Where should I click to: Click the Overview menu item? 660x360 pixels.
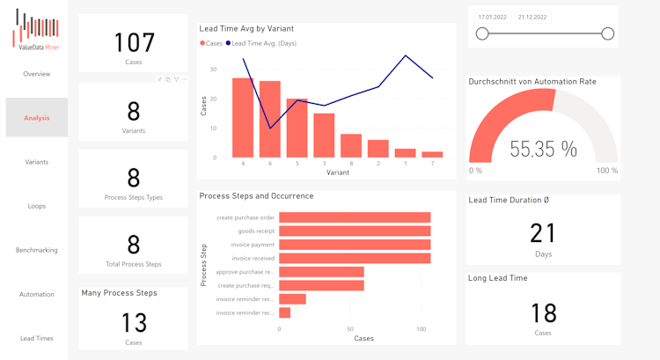[x=36, y=74]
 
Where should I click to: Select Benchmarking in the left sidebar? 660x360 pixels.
[x=36, y=250]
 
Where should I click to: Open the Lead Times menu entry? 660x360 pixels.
[x=36, y=338]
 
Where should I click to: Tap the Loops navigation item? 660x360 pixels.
[x=36, y=206]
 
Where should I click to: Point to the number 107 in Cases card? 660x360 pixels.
[x=134, y=42]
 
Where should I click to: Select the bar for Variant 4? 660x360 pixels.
[x=243, y=117]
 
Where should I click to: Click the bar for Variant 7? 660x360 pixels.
[x=432, y=154]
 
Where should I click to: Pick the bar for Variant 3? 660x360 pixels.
[x=324, y=135]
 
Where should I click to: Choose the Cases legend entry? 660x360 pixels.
[x=211, y=43]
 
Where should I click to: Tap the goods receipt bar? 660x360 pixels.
[x=355, y=231]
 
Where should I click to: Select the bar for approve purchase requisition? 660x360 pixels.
[x=321, y=272]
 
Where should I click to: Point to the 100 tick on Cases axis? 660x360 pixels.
[x=422, y=329]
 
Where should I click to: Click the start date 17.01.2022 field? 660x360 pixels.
[x=492, y=17]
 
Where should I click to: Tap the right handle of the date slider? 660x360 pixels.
[x=607, y=33]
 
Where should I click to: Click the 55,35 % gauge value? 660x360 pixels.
[x=543, y=150]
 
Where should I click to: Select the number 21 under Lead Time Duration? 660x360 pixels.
[x=543, y=232]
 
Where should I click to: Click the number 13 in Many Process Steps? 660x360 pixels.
[x=134, y=322]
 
